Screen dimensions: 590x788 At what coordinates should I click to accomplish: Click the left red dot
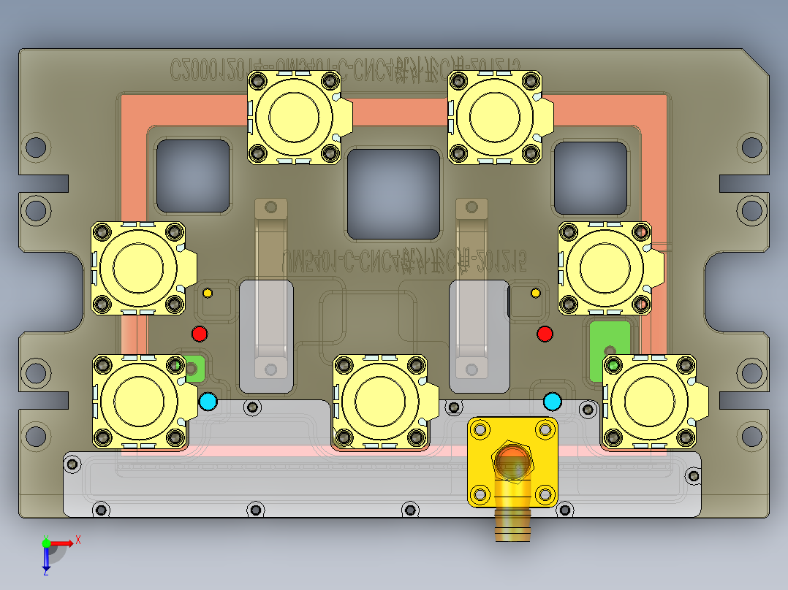pos(199,334)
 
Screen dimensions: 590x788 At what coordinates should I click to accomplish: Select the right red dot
pos(545,334)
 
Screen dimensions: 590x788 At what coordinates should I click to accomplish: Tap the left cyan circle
pos(208,401)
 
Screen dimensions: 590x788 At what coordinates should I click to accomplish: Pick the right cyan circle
pos(553,401)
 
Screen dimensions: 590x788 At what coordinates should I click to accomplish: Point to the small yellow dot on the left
pos(208,293)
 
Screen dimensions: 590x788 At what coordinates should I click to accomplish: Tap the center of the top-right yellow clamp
pos(495,116)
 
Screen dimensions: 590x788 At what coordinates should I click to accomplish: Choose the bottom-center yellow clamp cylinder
pos(379,401)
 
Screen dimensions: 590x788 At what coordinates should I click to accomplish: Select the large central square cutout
pos(394,194)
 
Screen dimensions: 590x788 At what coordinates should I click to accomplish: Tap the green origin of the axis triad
pos(46,543)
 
